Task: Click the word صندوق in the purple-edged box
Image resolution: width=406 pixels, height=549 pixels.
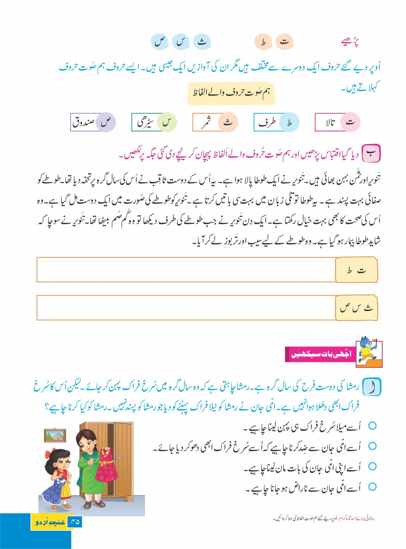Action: [83, 123]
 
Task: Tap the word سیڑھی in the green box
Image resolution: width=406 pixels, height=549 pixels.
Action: [145, 123]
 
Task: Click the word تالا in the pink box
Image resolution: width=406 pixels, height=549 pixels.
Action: [330, 123]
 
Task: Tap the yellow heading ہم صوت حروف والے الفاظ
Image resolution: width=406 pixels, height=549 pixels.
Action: [231, 93]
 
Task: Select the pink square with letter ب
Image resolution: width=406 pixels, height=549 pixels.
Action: [371, 153]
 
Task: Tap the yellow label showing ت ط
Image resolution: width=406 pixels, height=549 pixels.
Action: [356, 270]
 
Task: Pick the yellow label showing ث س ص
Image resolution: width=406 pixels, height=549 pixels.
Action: [356, 308]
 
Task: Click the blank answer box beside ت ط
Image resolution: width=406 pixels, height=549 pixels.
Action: [186, 270]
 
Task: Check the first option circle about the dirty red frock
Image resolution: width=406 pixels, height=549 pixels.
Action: [372, 426]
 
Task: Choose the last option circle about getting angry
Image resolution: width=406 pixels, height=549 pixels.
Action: [372, 487]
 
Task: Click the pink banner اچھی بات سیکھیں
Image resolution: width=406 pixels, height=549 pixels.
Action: [320, 354]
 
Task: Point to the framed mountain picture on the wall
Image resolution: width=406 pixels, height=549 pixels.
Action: [55, 435]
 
